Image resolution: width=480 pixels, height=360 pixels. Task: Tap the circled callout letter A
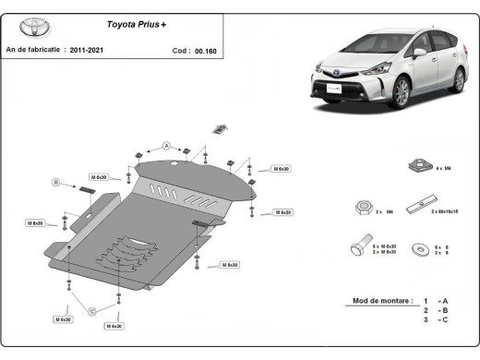(167, 145)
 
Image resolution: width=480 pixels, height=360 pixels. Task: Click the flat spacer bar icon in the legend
(426, 201)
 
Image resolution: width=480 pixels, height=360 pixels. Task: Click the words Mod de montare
(380, 301)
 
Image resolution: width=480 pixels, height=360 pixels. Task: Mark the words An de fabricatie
(34, 50)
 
